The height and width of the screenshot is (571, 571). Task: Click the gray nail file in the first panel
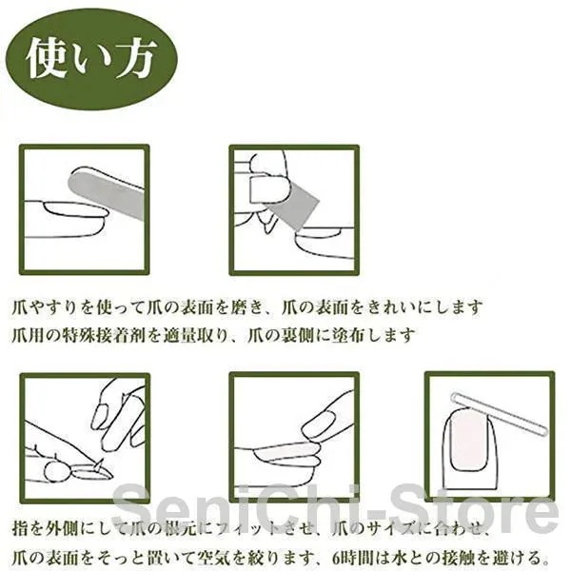106,195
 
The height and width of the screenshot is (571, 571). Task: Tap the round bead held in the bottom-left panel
56,472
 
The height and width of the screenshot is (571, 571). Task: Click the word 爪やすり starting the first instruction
45,308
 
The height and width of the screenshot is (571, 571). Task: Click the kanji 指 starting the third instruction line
20,529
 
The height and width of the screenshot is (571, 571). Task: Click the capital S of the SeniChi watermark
129,507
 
